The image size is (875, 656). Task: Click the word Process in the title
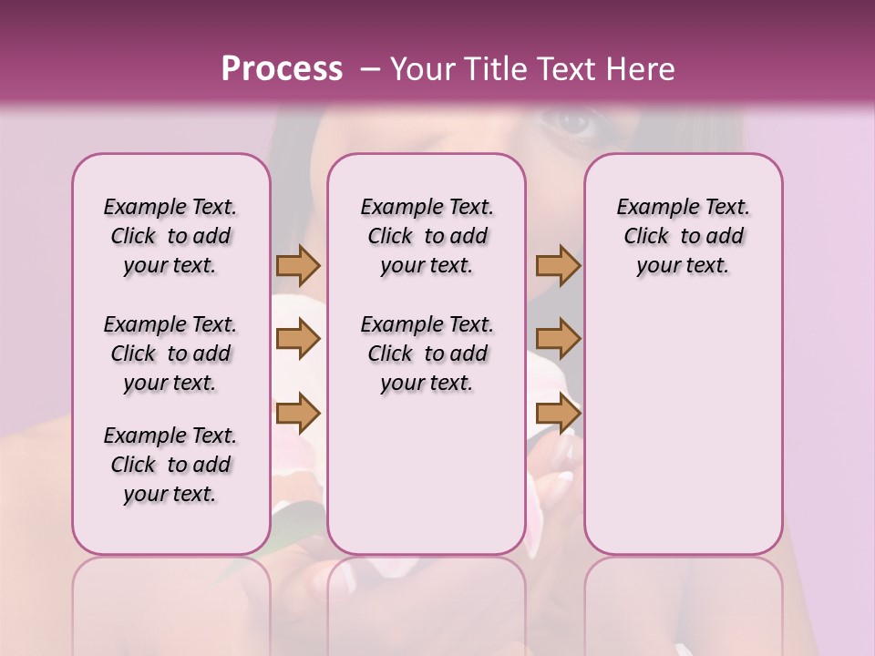click(x=282, y=69)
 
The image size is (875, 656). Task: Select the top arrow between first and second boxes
click(x=298, y=266)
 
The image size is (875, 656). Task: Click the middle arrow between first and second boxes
click(x=298, y=340)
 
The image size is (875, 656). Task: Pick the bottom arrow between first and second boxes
click(x=298, y=414)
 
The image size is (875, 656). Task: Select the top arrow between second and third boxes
click(x=558, y=266)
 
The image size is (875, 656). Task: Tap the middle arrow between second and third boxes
click(x=558, y=340)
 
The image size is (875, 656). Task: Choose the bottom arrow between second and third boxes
click(x=558, y=414)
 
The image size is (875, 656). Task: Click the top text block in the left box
click(x=170, y=237)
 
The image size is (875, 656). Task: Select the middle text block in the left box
click(x=170, y=354)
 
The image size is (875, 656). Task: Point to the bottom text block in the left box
click(x=170, y=465)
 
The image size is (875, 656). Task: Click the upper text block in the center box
click(x=427, y=237)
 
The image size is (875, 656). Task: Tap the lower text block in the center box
click(x=427, y=354)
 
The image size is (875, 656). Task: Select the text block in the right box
click(x=683, y=237)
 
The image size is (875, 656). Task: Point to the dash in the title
click(x=369, y=69)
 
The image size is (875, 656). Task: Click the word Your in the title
click(x=424, y=69)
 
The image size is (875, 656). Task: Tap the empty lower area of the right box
click(x=683, y=428)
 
